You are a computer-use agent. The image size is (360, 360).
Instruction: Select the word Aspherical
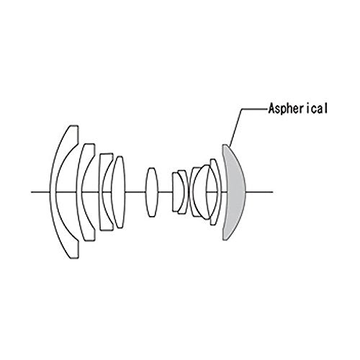(298, 109)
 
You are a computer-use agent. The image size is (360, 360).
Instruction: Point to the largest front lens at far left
(54, 192)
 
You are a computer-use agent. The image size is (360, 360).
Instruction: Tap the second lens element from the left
(80, 192)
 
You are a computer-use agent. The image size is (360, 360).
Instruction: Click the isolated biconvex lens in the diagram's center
(152, 192)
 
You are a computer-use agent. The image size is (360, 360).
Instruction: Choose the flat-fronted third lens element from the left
(102, 192)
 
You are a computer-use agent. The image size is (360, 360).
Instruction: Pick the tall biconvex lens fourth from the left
(119, 192)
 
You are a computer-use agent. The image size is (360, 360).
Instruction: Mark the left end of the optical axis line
(31, 192)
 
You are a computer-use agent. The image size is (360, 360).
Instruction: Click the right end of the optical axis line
(273, 192)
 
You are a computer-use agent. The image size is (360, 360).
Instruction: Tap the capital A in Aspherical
(271, 108)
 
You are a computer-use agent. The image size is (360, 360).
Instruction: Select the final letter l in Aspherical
(325, 108)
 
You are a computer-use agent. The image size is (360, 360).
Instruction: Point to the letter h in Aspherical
(291, 108)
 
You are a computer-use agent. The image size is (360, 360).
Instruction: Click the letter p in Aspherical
(284, 109)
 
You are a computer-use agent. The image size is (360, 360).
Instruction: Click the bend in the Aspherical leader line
(241, 109)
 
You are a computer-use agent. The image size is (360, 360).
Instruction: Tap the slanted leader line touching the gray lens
(235, 127)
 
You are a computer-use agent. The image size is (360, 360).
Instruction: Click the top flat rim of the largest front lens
(73, 126)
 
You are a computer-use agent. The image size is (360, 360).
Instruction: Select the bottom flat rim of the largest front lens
(73, 258)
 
